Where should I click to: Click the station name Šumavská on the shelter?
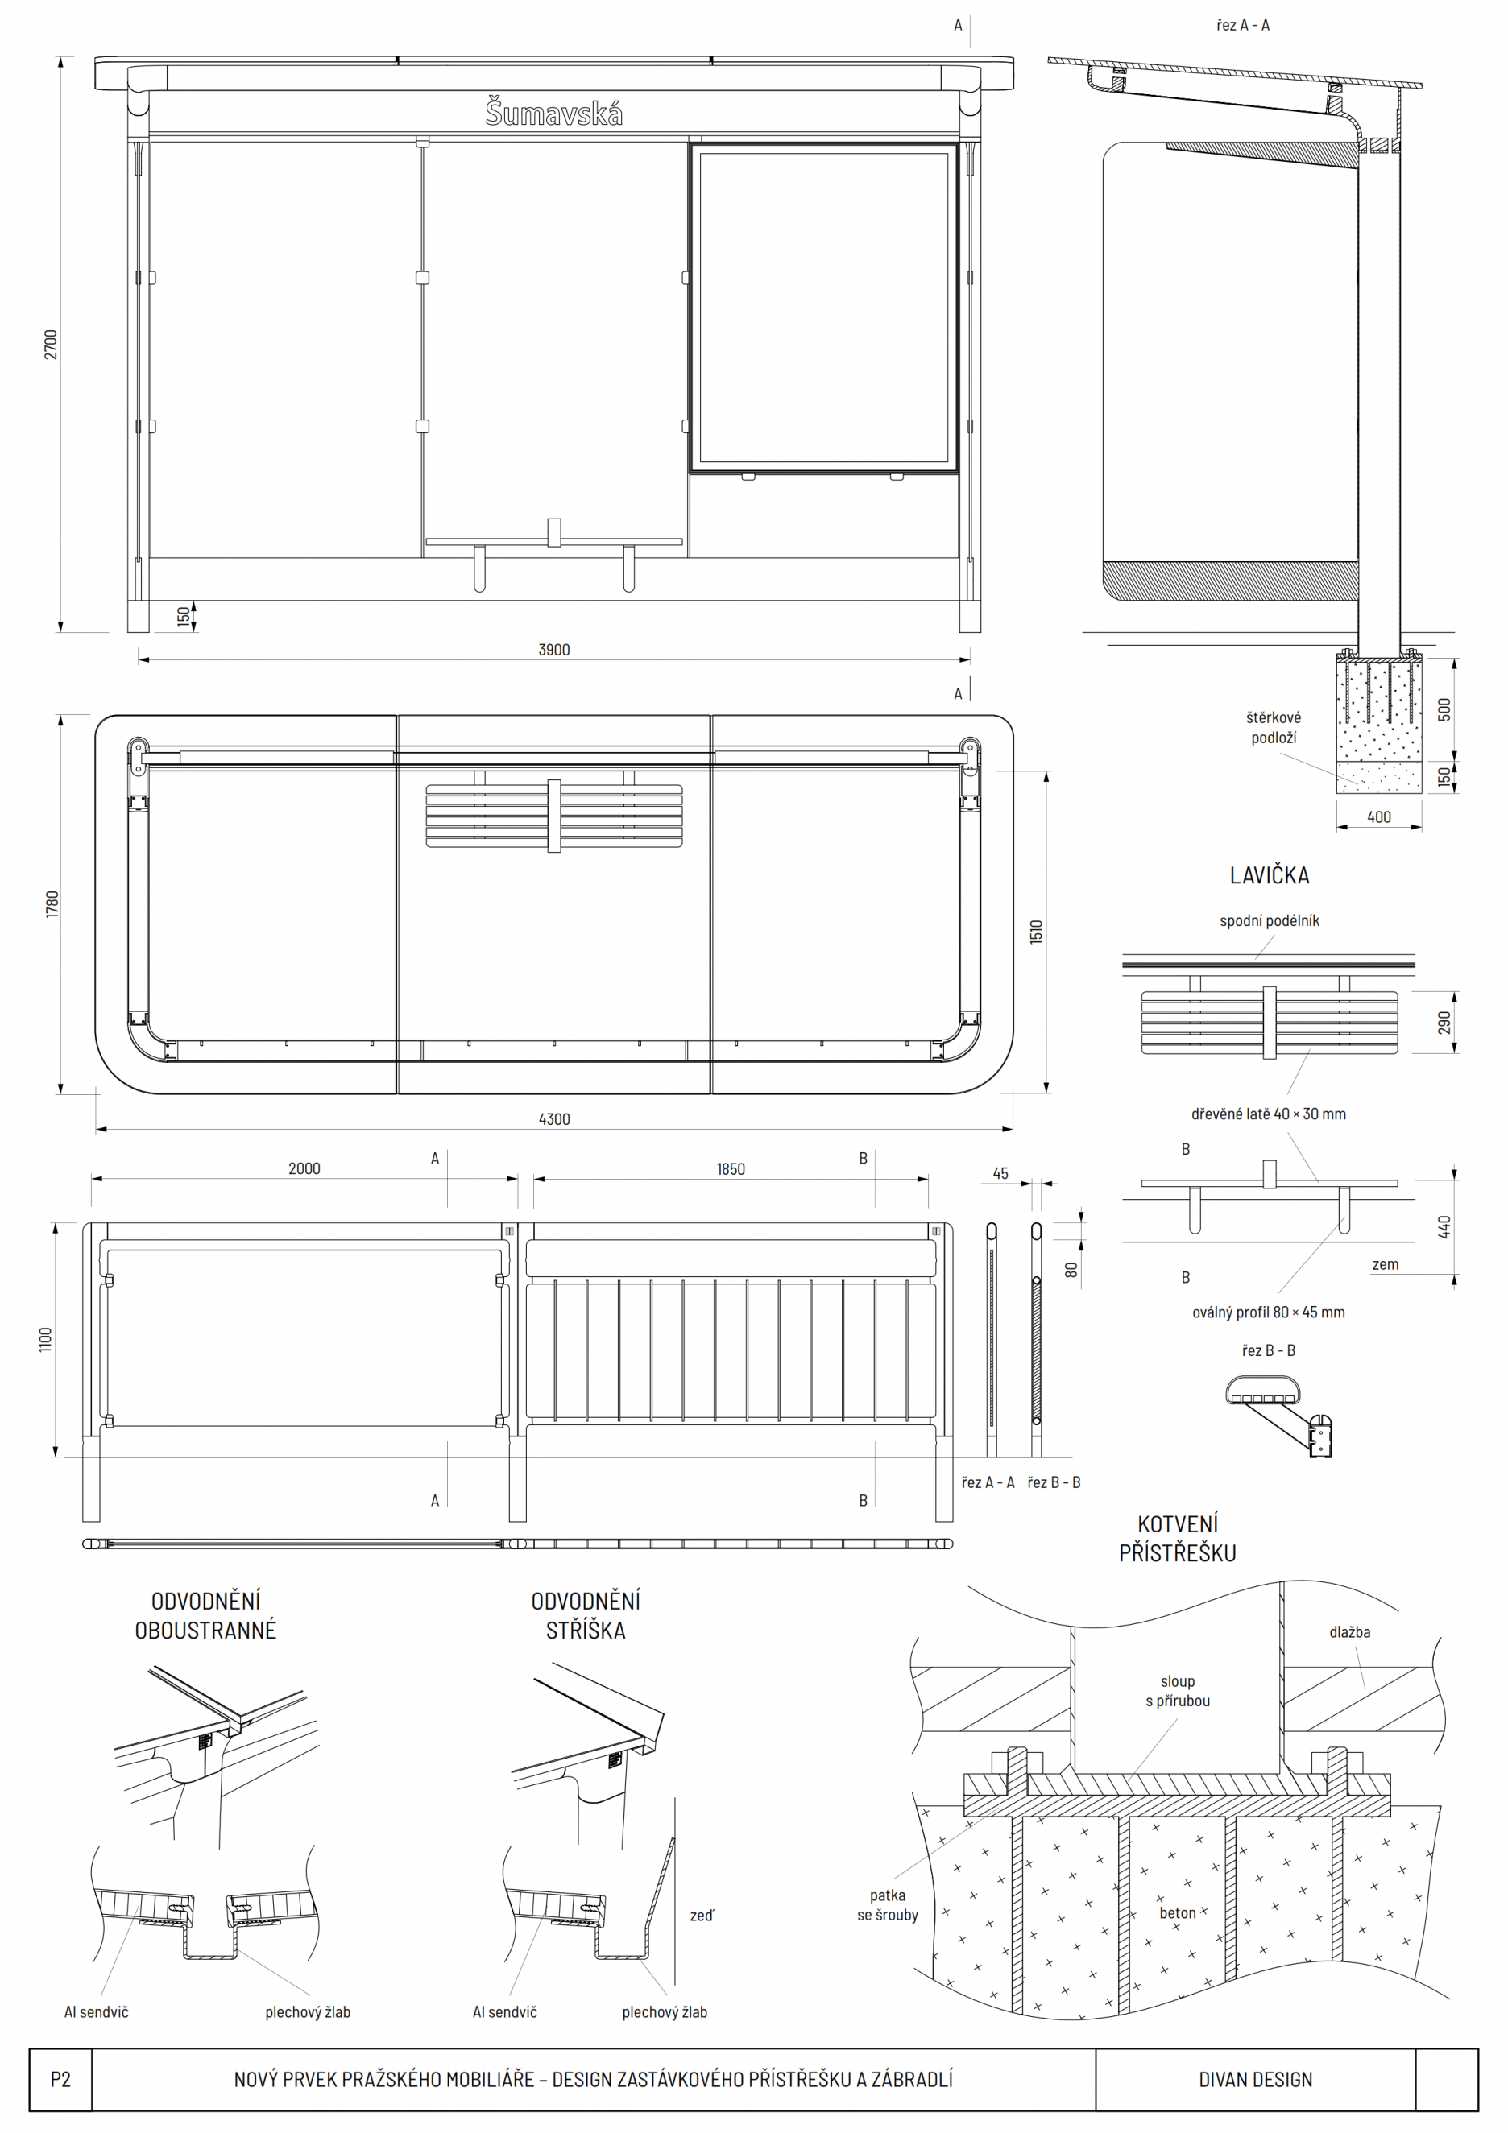[553, 113]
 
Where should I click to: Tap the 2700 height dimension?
[51, 345]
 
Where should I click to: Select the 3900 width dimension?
[553, 649]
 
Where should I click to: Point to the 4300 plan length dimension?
[553, 1119]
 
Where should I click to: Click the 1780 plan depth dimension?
[52, 904]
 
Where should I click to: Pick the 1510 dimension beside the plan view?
[1036, 932]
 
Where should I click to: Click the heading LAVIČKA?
[1270, 875]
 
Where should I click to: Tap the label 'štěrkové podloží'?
[1273, 727]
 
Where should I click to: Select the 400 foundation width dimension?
[1379, 816]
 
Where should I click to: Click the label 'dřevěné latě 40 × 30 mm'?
[1268, 1114]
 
